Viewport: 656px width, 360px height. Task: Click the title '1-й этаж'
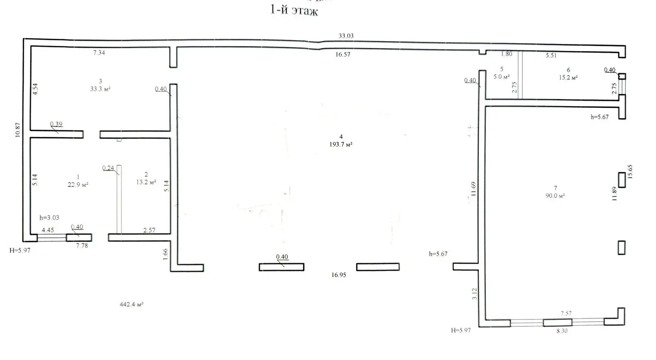[294, 11]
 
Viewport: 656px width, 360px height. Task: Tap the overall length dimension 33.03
[346, 36]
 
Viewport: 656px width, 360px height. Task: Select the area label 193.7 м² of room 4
[341, 144]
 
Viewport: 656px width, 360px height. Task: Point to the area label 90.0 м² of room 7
[555, 196]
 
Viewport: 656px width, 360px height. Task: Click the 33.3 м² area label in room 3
[100, 89]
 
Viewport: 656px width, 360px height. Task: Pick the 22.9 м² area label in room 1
[78, 185]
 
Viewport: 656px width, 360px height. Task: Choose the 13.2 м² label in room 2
[146, 182]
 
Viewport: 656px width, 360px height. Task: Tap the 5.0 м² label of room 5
[502, 77]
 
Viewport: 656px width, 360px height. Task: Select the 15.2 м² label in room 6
[568, 77]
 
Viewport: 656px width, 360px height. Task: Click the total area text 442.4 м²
[132, 304]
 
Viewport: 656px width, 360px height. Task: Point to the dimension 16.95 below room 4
[339, 275]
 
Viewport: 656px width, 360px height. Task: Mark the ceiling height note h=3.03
[49, 218]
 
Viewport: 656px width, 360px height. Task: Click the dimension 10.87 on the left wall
[18, 130]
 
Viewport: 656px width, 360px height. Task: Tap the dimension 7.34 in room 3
[99, 53]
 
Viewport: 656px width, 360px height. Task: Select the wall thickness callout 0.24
[108, 168]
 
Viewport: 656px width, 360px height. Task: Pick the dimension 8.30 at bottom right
[562, 331]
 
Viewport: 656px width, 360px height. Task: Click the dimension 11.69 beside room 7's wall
[474, 189]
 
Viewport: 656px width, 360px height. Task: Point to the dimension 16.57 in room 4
[343, 55]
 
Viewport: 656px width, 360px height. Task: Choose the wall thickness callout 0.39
[56, 124]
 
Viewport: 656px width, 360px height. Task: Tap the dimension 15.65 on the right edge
[630, 172]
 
